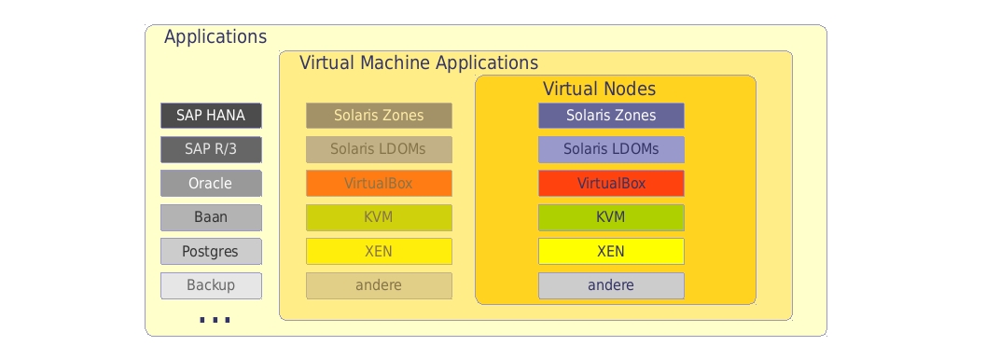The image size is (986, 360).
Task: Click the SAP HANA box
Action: pos(211,116)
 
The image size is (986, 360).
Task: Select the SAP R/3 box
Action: pos(211,149)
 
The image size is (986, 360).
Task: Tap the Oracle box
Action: pos(211,184)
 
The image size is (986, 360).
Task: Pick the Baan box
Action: pos(211,217)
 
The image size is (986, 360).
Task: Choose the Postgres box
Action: pos(211,252)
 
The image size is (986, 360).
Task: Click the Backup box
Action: pos(211,285)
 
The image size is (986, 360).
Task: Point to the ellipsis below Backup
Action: pos(215,320)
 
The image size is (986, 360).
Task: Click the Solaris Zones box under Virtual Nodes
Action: pos(611,116)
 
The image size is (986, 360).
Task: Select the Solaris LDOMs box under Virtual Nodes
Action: pos(611,149)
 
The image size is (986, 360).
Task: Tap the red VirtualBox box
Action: pos(611,184)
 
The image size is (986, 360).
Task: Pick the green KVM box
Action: pos(611,217)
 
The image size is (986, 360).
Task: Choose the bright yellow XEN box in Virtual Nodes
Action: pos(611,252)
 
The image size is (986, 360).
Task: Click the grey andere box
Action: pos(611,285)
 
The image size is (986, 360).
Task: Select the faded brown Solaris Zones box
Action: pos(379,116)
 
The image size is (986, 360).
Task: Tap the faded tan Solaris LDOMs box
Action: pos(379,149)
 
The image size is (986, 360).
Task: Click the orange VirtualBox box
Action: pos(379,184)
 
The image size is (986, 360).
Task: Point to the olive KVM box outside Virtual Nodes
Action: pos(379,217)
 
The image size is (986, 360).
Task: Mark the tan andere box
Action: pos(379,285)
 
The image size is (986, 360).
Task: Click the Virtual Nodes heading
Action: pos(600,90)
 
